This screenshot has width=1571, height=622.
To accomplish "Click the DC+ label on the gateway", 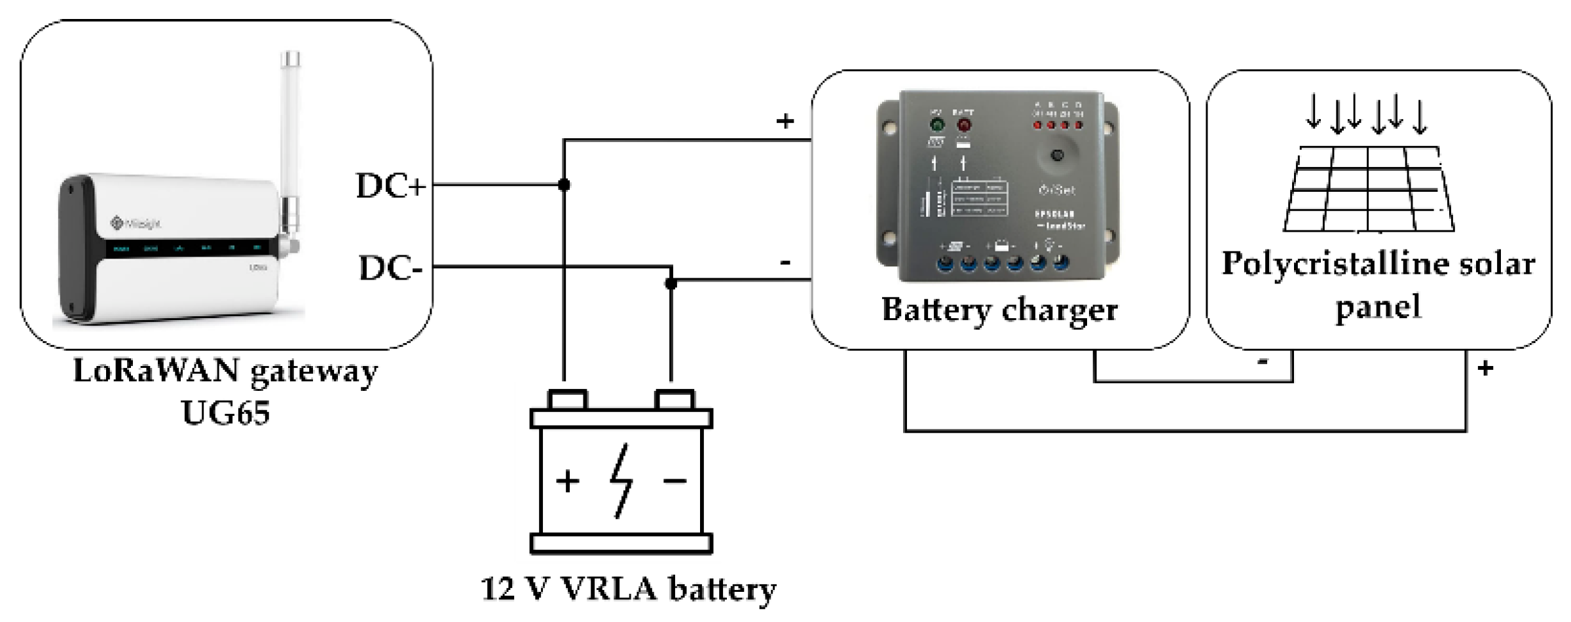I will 390,186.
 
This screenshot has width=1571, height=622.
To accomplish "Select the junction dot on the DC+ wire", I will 564,185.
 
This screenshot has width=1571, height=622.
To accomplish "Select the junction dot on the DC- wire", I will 671,283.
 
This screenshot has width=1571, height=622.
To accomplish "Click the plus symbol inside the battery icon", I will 568,481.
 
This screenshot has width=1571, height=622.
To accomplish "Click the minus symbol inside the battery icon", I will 675,481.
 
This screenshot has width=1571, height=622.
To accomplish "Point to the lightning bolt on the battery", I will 621,481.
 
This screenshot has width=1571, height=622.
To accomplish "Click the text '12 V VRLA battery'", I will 629,589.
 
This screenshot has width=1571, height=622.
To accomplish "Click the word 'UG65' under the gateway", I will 225,413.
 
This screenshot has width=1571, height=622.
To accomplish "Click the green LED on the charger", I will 937,124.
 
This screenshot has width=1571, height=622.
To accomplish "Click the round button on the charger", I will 1057,155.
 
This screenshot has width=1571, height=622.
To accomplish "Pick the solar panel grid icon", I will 1369,189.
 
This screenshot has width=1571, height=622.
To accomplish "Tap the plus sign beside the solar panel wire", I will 1485,369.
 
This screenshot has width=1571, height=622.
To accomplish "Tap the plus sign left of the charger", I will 785,121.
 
